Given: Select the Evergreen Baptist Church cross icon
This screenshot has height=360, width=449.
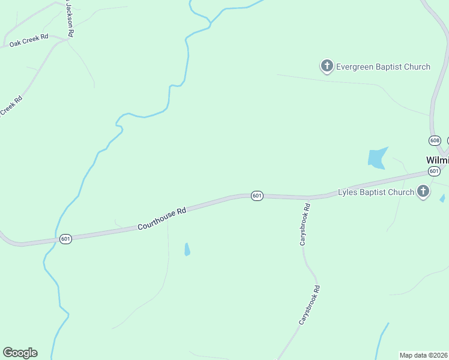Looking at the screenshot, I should (x=327, y=66).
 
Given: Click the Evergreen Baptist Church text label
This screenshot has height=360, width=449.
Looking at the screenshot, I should (x=383, y=67).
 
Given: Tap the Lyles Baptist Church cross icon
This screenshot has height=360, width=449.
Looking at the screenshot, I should (x=423, y=191).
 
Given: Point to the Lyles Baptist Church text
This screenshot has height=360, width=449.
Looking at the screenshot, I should (x=376, y=192).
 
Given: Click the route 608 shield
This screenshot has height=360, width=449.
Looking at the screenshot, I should (x=435, y=140).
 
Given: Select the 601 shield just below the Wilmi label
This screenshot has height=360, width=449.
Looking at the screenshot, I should (x=435, y=171).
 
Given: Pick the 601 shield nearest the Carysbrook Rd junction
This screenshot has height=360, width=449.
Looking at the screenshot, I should (x=257, y=196).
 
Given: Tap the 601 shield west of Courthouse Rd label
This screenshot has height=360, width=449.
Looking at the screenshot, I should (x=66, y=239).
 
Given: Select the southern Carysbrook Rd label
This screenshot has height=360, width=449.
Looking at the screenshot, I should (x=310, y=305).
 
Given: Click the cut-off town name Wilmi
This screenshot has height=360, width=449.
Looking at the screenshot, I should (x=437, y=160).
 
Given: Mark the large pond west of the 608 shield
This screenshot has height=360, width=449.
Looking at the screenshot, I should (x=377, y=158).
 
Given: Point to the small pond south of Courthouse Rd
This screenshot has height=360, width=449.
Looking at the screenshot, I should (x=187, y=249).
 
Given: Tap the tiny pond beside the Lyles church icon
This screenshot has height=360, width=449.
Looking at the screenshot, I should (x=442, y=198).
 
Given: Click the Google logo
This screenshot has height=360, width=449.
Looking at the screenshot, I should (x=20, y=352).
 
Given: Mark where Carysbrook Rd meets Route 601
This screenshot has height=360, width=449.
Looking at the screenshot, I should (x=309, y=197).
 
